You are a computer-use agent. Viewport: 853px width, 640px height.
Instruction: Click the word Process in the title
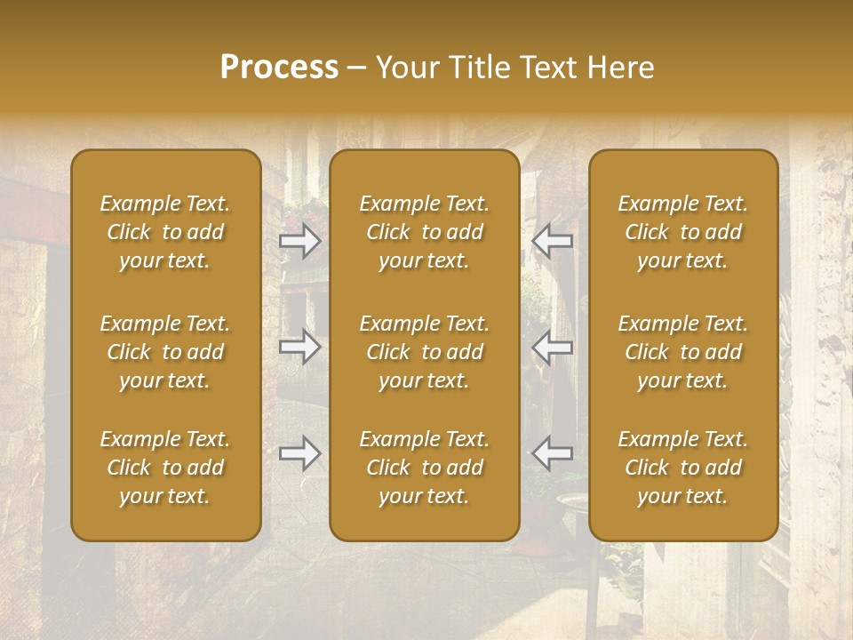[279, 68]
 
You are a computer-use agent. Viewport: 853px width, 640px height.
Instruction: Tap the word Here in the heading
[620, 68]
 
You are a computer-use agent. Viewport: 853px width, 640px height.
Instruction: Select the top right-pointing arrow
[299, 240]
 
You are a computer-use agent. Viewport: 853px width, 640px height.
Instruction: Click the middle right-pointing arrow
[299, 347]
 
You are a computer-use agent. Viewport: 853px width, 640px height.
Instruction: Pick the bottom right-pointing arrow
[299, 453]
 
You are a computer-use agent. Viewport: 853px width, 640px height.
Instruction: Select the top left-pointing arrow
[553, 240]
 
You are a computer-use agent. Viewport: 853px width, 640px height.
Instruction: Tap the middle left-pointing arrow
[553, 347]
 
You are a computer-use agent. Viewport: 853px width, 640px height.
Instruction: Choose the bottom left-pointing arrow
[553, 453]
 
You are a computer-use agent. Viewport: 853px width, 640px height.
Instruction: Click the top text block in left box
[165, 232]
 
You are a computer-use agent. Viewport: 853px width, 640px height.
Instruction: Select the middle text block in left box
[165, 352]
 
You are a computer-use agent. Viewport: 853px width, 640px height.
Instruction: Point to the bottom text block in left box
[165, 468]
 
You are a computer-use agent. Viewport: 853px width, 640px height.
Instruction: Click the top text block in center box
[425, 232]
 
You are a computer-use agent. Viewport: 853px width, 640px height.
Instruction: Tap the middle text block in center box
[425, 352]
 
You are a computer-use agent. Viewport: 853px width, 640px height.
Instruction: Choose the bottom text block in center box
[425, 468]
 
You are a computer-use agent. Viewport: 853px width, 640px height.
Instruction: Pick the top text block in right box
[683, 232]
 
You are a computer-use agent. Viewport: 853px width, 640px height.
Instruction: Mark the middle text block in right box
[683, 352]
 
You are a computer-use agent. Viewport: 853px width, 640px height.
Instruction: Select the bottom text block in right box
[683, 468]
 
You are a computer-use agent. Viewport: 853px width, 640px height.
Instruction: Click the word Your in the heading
[403, 68]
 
